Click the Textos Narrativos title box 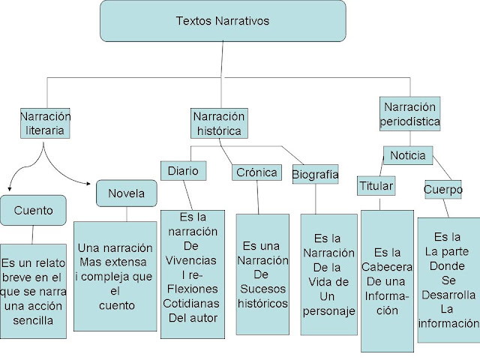tap(223, 21)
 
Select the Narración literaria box tap(46, 123)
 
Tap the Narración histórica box tap(218, 123)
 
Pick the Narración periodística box tap(409, 113)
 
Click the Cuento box tap(33, 210)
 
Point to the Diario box tap(182, 170)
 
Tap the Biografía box tap(315, 174)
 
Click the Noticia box tap(408, 156)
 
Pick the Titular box tap(376, 185)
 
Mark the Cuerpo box tap(442, 189)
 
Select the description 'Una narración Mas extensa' tap(115, 276)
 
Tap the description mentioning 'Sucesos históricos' tap(262, 274)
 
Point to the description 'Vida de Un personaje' tap(328, 274)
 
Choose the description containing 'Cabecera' tap(387, 281)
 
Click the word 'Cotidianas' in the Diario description tap(193, 303)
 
